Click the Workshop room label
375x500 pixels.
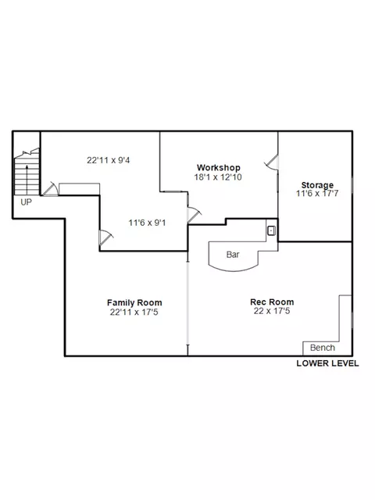click(x=219, y=167)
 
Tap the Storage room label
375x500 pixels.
click(x=317, y=185)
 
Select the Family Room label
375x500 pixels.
click(x=134, y=302)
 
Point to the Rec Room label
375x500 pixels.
click(x=272, y=302)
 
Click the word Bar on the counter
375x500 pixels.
click(x=233, y=255)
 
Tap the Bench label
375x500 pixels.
click(x=323, y=348)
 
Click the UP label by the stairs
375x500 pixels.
click(x=26, y=202)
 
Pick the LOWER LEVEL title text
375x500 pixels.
click(x=327, y=363)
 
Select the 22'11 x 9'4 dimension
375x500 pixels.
click(x=109, y=160)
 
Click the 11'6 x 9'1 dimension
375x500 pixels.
click(x=147, y=223)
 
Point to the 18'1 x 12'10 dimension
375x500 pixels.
click(x=218, y=177)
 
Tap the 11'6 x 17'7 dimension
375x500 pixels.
click(x=317, y=193)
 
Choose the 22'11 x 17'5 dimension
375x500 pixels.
click(x=134, y=312)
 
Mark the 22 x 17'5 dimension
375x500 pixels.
click(x=272, y=311)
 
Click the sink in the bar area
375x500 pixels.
click(x=271, y=230)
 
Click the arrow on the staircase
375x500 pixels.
click(x=27, y=180)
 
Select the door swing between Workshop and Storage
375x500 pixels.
click(x=271, y=162)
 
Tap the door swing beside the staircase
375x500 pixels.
click(x=50, y=189)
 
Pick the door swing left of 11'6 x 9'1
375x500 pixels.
click(x=106, y=237)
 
